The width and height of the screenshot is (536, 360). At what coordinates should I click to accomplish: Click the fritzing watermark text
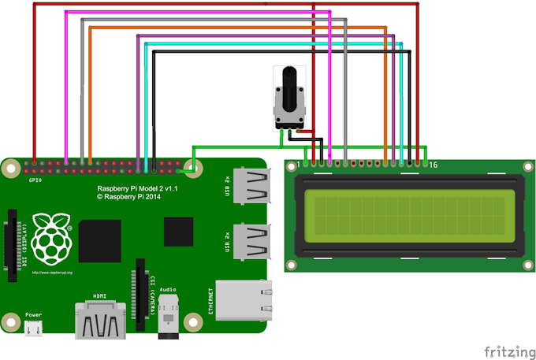tap(507, 349)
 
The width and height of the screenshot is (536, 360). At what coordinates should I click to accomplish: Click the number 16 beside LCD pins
tap(432, 165)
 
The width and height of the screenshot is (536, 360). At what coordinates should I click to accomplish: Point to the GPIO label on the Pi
tap(35, 180)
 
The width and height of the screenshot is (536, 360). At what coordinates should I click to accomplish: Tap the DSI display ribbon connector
tap(13, 244)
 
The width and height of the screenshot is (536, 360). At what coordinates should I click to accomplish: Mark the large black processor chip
tap(100, 240)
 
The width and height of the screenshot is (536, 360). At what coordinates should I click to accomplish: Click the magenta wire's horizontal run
tap(197, 13)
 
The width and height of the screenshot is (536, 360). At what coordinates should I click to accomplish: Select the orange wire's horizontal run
tap(236, 28)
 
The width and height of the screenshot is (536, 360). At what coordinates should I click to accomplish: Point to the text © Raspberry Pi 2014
tap(131, 199)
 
